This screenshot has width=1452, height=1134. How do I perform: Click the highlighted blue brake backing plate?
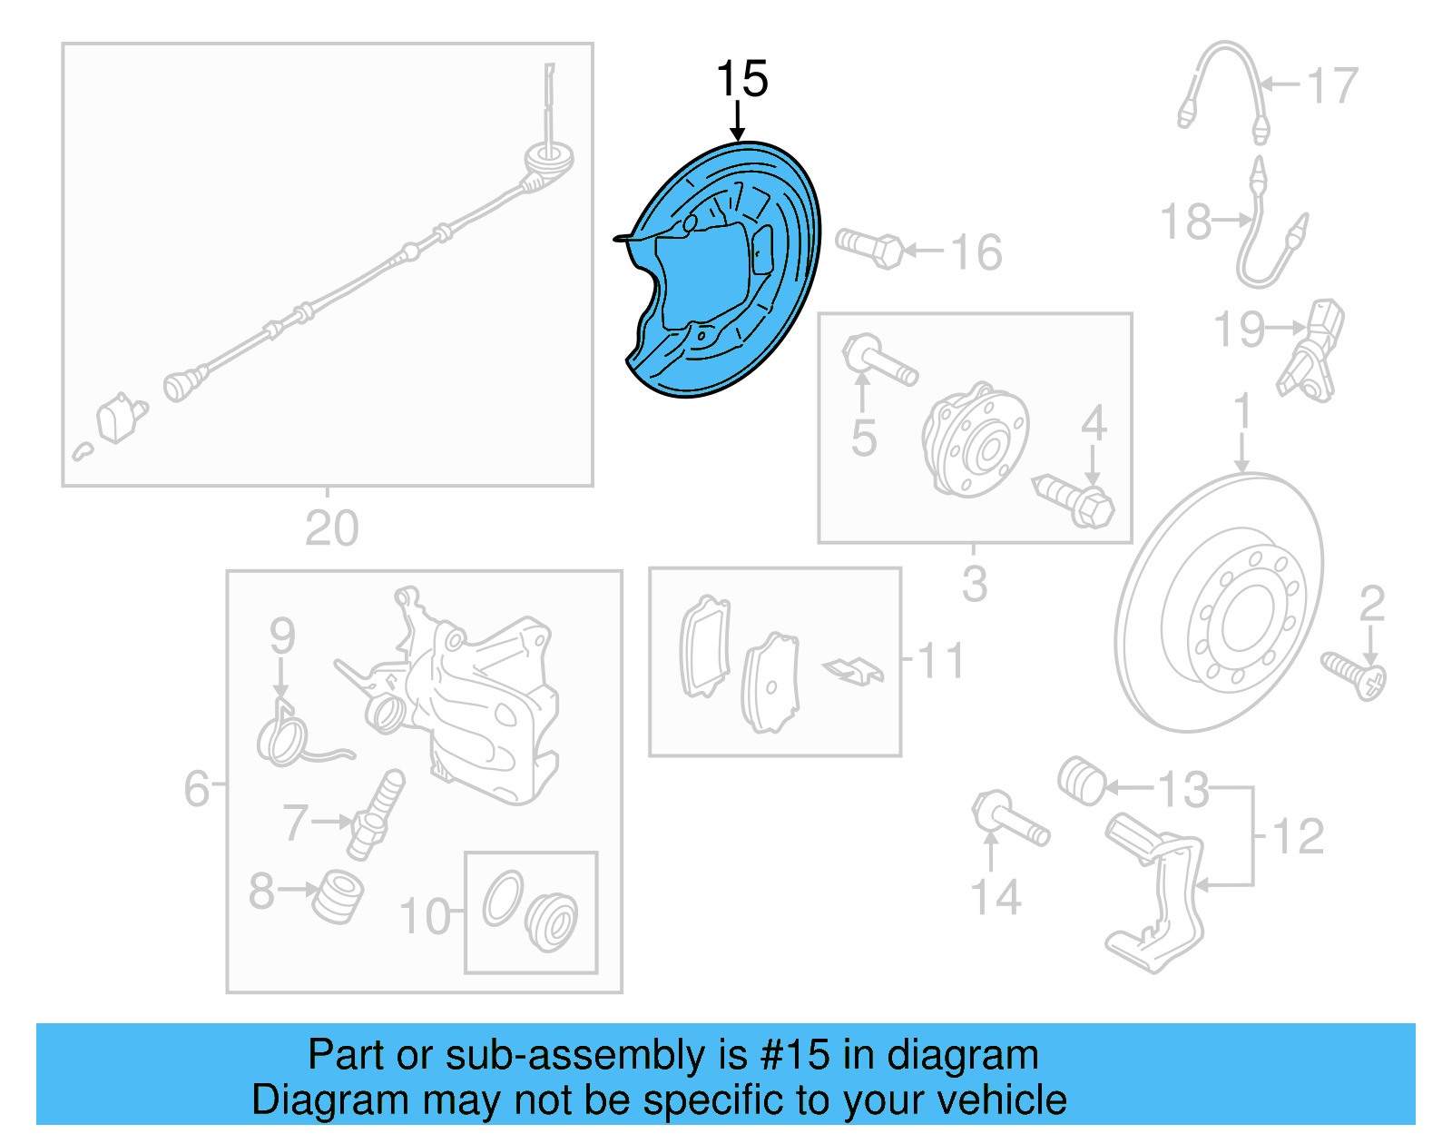726,272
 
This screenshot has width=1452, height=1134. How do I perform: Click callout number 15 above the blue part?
741,80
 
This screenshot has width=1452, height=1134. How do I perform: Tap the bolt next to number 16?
868,247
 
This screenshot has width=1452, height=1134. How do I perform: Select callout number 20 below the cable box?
331,528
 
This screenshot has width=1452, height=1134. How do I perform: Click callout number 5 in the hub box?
863,439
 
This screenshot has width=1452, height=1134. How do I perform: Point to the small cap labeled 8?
338,895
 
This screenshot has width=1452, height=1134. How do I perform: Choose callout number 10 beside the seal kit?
424,917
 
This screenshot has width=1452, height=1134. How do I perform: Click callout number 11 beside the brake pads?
940,661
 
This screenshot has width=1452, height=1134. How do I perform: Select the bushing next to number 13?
1082,780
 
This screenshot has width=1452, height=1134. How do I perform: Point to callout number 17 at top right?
1331,86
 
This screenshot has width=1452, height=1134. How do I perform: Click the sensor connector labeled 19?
1312,350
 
